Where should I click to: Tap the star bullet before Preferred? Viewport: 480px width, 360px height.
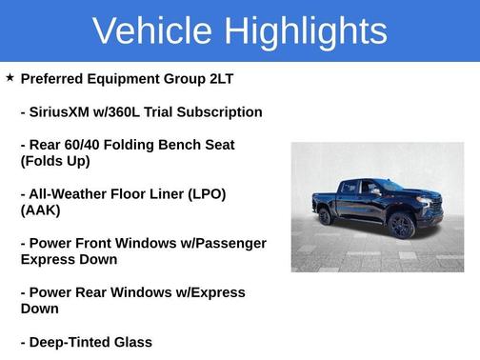(x=10, y=77)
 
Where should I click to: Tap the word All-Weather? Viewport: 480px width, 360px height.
(x=72, y=193)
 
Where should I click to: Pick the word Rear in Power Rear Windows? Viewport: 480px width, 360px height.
(x=98, y=292)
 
